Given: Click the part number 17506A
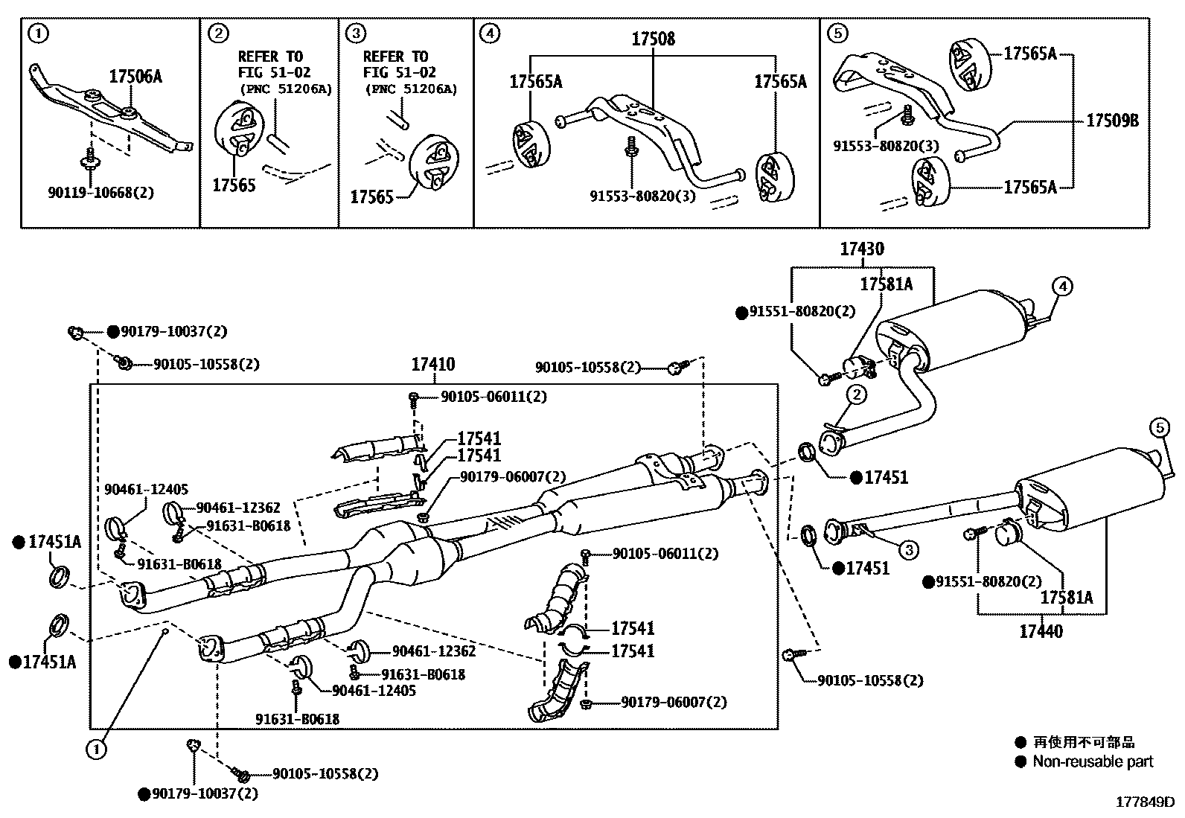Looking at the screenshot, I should (135, 76).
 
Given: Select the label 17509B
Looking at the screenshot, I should (1112, 120).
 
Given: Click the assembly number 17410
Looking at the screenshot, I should (432, 365).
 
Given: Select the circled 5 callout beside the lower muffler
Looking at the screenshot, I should (1159, 427).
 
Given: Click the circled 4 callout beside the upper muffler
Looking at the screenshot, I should (1062, 286).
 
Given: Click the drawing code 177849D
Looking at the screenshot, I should (1144, 802).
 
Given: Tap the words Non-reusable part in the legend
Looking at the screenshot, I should (1093, 761).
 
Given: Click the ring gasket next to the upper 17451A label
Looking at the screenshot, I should (59, 575).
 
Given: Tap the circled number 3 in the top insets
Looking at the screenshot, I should (357, 33).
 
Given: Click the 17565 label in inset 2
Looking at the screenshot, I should (234, 185).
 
